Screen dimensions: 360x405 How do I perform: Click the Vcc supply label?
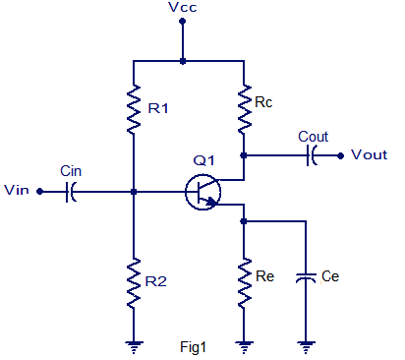(x=183, y=9)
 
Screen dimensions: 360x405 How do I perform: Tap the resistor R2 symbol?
(x=133, y=286)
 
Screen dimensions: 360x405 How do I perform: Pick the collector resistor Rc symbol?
(x=244, y=106)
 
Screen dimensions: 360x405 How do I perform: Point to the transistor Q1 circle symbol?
(x=203, y=192)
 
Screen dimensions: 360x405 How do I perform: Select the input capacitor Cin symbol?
(x=71, y=192)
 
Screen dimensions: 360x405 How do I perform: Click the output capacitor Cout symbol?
(x=312, y=154)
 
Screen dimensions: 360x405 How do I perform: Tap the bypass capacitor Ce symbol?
(x=307, y=278)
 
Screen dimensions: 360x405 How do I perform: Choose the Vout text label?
(x=370, y=154)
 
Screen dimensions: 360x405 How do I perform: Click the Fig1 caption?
(x=194, y=346)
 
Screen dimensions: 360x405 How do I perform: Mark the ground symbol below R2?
(x=133, y=344)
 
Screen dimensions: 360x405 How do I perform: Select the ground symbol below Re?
(x=244, y=344)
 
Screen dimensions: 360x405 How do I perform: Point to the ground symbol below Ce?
(x=307, y=344)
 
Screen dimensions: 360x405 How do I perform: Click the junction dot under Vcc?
(x=183, y=61)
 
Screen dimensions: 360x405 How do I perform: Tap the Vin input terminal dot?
(x=39, y=192)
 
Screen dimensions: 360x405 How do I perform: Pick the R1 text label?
(x=158, y=108)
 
